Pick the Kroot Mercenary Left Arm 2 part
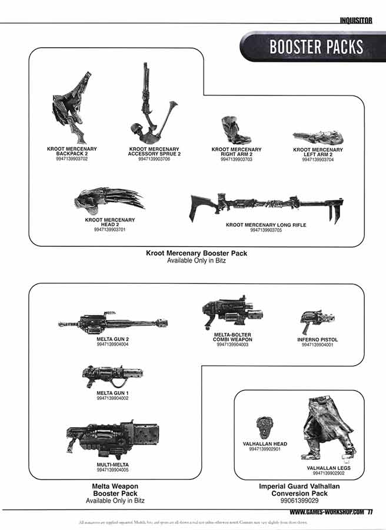pos(318,138)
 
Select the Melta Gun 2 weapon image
pos(112,323)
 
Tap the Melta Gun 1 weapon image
pos(112,374)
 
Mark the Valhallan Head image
pos(264,426)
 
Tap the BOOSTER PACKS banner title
pos(316,47)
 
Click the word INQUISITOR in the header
pos(356,20)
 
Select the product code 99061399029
pos(300,501)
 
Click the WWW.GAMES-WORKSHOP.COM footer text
pos(327,512)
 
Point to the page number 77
pos(370,512)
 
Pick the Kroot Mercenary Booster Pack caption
pos(197,253)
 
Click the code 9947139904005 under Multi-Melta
pos(112,470)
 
